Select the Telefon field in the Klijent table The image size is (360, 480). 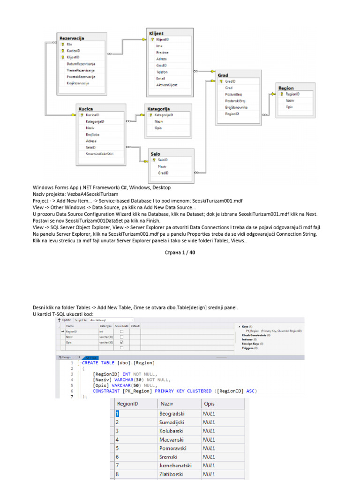[162, 72]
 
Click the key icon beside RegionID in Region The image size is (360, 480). [281, 94]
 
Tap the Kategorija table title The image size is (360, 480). [159, 109]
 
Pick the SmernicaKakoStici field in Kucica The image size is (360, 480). [99, 154]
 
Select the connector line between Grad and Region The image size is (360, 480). [269, 114]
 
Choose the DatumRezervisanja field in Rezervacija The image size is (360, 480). [81, 64]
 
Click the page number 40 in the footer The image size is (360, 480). [191, 252]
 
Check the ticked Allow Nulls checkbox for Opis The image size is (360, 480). [121, 342]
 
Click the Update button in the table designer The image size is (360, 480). [64, 320]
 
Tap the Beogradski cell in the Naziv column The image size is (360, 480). [172, 414]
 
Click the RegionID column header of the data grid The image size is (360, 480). [127, 404]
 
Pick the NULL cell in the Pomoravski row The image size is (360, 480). [209, 448]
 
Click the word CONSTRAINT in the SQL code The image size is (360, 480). [106, 391]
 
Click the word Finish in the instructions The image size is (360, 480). [151, 220]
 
